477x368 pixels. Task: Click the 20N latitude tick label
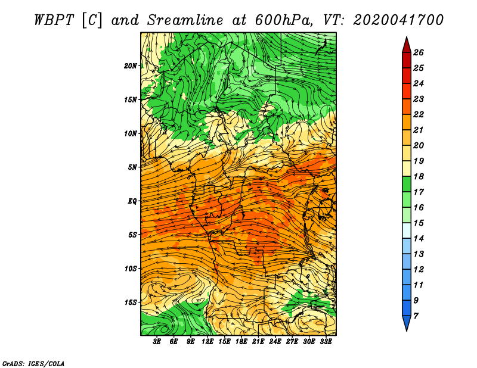[x=131, y=66]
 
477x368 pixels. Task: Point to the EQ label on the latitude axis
[x=132, y=201]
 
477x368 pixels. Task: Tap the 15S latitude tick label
[x=131, y=302]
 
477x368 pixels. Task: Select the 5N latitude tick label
[x=132, y=167]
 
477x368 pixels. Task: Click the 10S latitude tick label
[x=131, y=269]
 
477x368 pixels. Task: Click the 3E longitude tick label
[x=157, y=342]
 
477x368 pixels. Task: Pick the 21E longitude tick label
[x=258, y=342]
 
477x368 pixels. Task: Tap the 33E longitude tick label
[x=326, y=342]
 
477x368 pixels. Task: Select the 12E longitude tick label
[x=207, y=342]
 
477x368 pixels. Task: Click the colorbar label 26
[x=419, y=52]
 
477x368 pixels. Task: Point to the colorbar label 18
[x=419, y=176]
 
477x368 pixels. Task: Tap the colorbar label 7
[x=416, y=316]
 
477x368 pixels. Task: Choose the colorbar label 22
[x=419, y=114]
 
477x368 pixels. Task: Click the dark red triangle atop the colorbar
[x=407, y=46]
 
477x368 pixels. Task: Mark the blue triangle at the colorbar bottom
[x=407, y=323]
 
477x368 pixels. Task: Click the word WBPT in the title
[x=54, y=20]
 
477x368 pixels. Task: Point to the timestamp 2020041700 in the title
[x=398, y=20]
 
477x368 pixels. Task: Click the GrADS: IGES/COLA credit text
[x=33, y=364]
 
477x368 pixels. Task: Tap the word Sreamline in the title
[x=185, y=20]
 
